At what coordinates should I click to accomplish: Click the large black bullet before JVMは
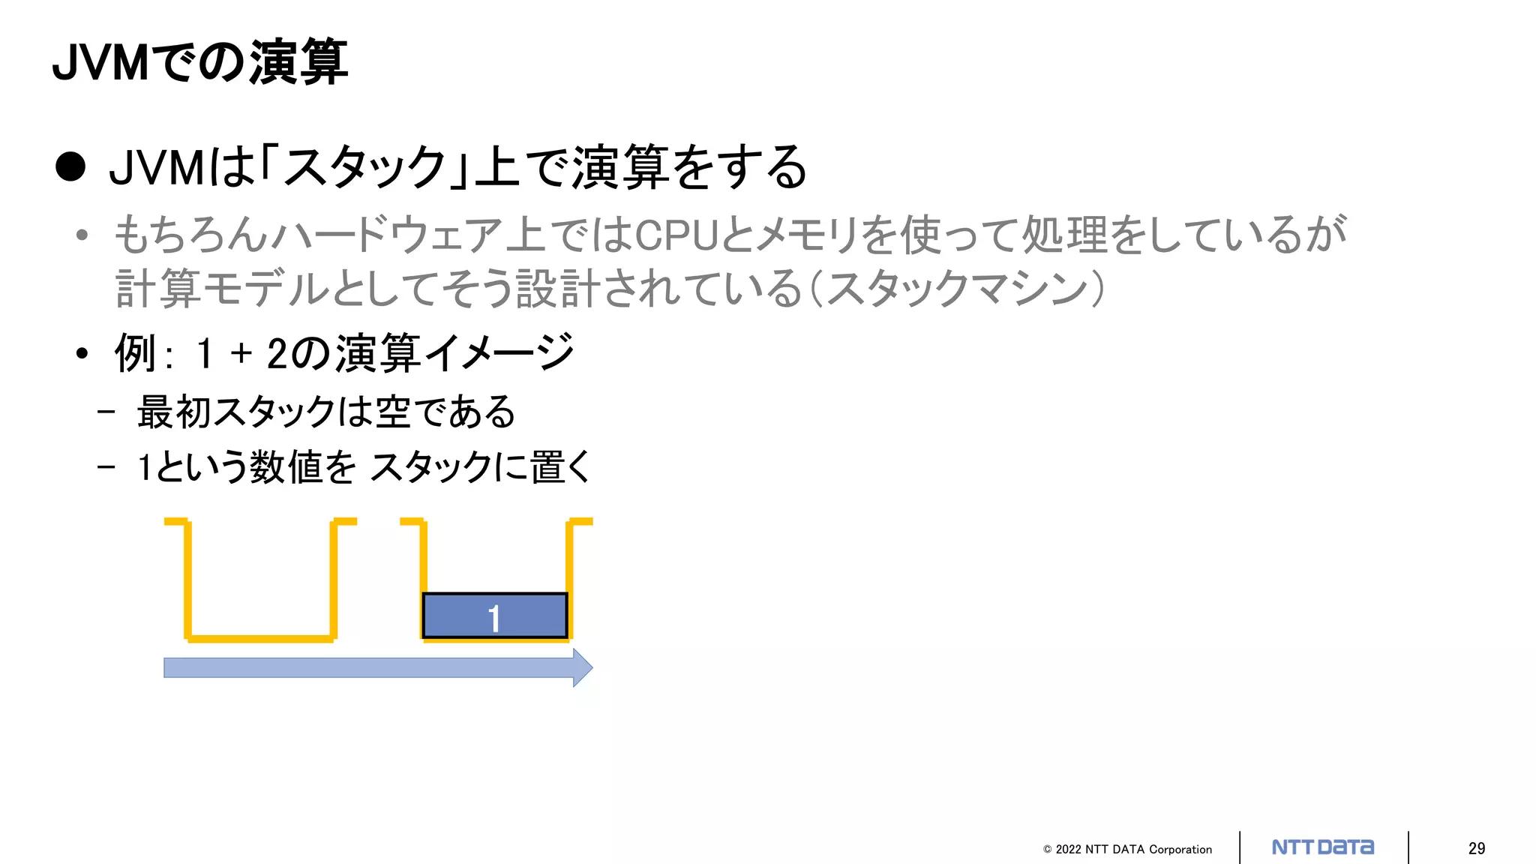click(70, 166)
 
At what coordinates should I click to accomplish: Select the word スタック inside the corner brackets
click(365, 167)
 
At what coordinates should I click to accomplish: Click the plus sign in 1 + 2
click(241, 353)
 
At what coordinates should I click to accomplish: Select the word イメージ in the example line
click(499, 353)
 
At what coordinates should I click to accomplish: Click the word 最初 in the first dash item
click(174, 412)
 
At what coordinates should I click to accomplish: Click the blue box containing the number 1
click(495, 616)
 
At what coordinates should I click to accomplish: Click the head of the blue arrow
click(582, 667)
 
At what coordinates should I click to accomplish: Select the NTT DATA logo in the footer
click(1323, 847)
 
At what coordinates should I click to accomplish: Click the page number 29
click(1476, 848)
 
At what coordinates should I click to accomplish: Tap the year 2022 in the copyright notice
click(1068, 850)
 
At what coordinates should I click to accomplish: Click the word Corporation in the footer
click(1180, 850)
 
